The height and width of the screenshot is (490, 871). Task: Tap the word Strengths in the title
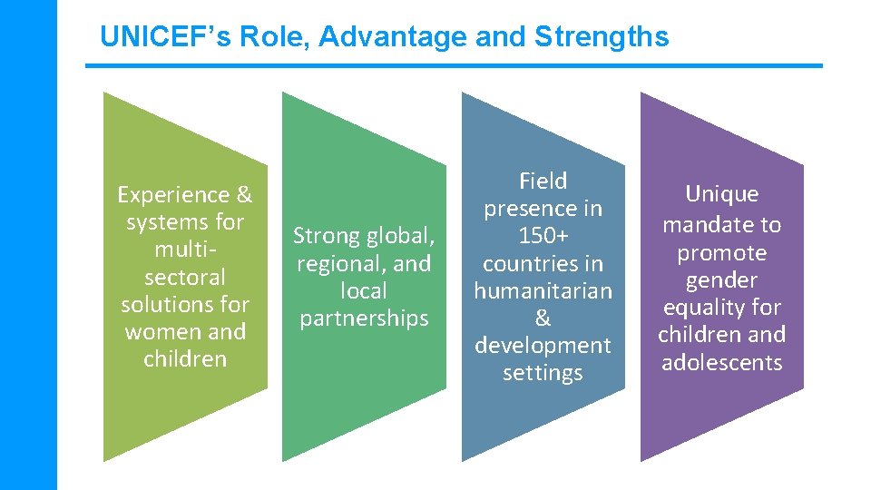coord(602,37)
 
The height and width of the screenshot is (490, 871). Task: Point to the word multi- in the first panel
coord(185,250)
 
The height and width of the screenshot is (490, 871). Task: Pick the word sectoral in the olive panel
coord(185,277)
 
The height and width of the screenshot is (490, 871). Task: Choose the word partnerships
coord(364,318)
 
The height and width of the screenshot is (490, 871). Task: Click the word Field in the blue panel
coord(543,181)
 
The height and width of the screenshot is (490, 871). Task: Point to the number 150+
coord(543,236)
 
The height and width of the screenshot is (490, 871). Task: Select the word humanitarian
coord(543,291)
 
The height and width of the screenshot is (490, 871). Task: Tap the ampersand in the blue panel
coord(543,318)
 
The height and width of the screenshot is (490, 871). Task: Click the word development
coord(543,346)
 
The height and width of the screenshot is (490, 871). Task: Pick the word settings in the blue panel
coord(543,373)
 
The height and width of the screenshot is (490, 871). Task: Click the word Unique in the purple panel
coord(721,194)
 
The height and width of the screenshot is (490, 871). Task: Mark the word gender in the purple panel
coord(721,280)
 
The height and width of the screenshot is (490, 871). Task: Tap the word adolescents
coord(721,363)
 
